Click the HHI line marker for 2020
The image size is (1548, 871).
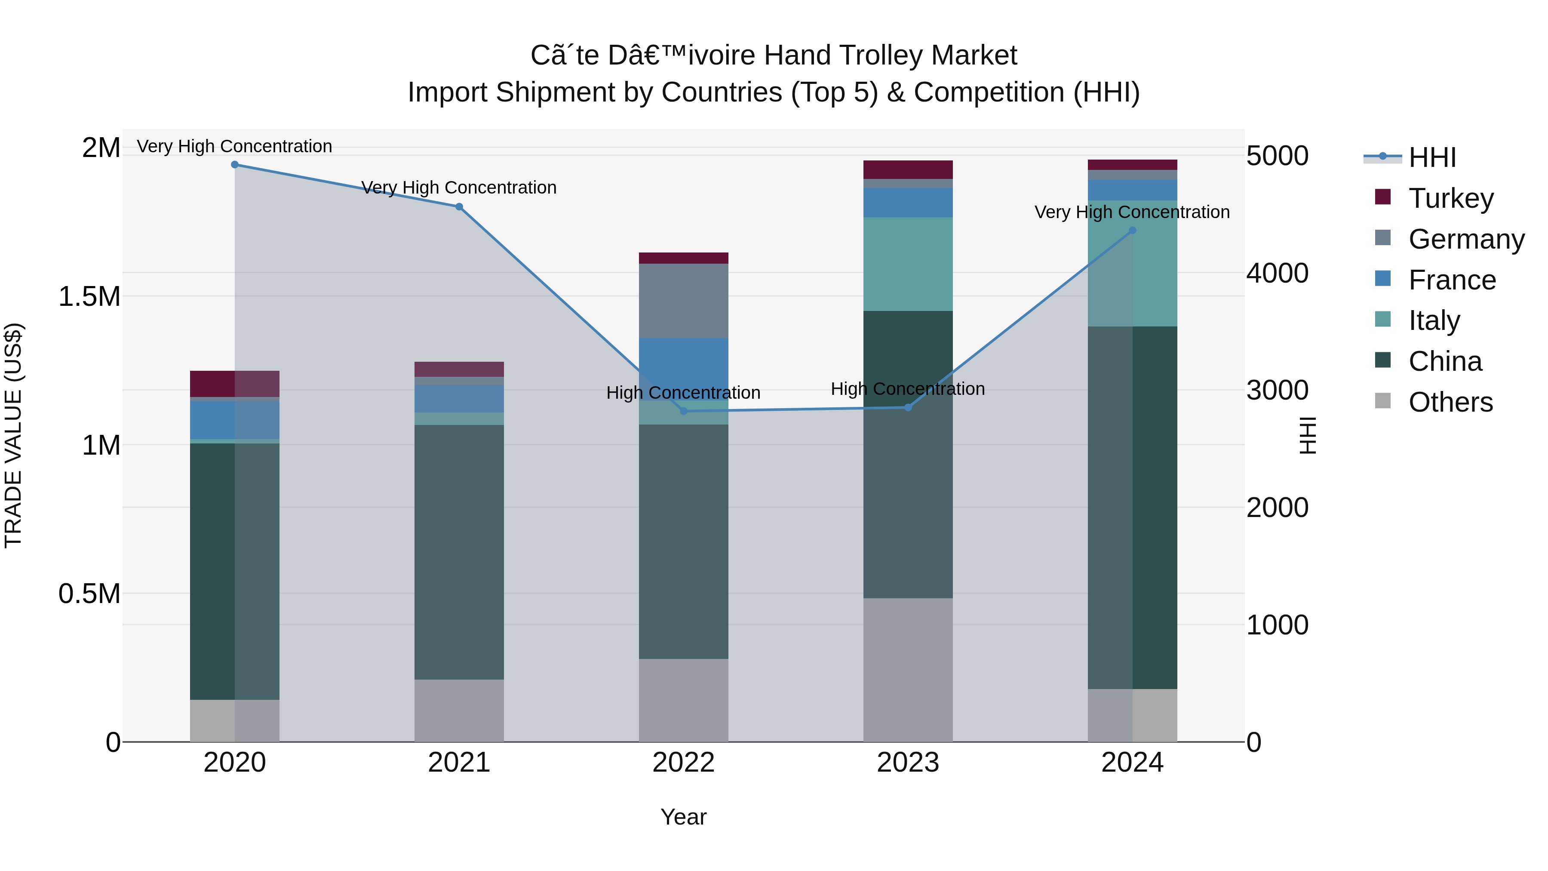tap(235, 165)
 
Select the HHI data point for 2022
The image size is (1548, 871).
tap(683, 411)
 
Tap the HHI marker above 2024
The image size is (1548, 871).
tap(1132, 230)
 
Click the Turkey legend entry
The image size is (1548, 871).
tap(1450, 198)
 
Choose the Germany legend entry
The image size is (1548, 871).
tap(1466, 239)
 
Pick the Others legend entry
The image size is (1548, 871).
tap(1450, 402)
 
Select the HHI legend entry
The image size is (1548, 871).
tap(1431, 157)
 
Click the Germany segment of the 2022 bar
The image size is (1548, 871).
tap(683, 301)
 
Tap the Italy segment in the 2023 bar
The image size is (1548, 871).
tap(907, 264)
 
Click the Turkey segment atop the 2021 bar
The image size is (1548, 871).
tap(459, 369)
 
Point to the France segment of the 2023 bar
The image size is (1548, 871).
tap(907, 203)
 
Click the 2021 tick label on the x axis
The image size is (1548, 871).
tap(459, 763)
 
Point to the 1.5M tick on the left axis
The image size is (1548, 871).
tap(89, 296)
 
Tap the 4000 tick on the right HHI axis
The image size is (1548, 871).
tap(1276, 273)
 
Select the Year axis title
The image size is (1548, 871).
tap(683, 817)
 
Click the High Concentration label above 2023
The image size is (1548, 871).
tap(907, 389)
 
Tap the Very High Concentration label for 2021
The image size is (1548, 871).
tap(459, 188)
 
